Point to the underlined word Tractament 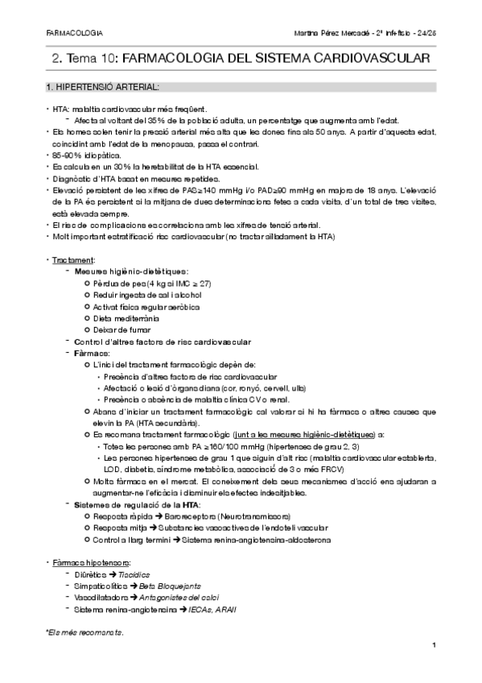point(72,261)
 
